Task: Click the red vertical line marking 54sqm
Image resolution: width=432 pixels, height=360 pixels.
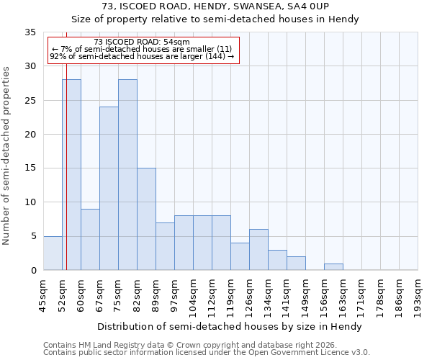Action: (66, 158)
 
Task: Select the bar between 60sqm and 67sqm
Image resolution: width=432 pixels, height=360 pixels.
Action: (90, 239)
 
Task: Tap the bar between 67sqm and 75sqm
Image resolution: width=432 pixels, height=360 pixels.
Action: (109, 189)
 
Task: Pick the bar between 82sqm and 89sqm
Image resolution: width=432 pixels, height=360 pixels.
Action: (146, 219)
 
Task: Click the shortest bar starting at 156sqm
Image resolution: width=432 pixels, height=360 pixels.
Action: (333, 266)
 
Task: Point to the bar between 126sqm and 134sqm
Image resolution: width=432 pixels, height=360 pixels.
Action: (258, 249)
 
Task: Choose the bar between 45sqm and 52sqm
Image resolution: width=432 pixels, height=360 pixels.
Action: (53, 253)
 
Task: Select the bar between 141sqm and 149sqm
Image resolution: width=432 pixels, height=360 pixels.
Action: (296, 263)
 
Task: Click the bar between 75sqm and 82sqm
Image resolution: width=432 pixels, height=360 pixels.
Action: (127, 175)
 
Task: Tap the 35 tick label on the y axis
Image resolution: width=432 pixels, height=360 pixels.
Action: (30, 32)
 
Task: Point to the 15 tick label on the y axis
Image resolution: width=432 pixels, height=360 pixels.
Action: (30, 168)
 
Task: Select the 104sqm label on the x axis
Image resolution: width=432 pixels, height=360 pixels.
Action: (194, 294)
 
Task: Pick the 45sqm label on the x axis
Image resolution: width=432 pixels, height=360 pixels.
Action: (44, 294)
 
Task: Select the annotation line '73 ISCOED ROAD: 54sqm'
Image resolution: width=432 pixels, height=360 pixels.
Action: (142, 42)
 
